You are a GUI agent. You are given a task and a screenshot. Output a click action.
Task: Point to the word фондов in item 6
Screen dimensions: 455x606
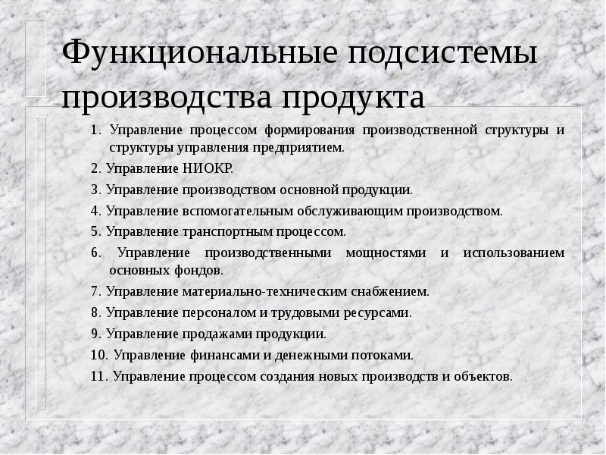203,270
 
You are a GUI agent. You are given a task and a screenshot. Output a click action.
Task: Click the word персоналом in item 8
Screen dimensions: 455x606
218,312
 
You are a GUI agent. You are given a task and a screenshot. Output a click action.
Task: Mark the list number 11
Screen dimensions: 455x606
98,375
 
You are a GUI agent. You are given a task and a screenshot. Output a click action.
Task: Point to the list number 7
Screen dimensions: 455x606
95,291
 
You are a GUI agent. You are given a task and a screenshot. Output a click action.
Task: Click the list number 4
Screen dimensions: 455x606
95,211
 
